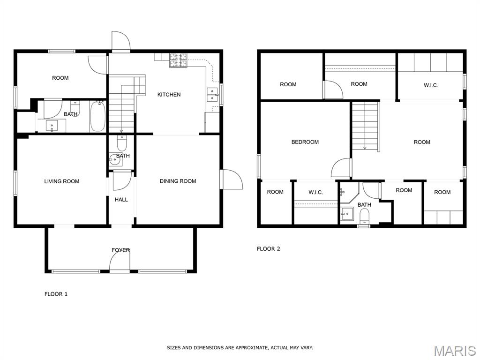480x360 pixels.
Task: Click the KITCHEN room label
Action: click(169, 95)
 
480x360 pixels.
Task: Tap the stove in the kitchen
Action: click(178, 60)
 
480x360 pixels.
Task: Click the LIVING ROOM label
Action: click(62, 181)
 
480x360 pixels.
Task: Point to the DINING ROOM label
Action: click(178, 181)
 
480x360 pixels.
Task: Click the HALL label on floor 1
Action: click(121, 200)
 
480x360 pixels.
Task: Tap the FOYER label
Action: click(120, 250)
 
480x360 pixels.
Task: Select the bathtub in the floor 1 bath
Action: click(98, 117)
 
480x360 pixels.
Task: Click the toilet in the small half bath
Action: click(122, 143)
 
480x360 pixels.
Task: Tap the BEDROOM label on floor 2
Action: click(305, 142)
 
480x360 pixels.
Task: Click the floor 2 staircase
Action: click(365, 126)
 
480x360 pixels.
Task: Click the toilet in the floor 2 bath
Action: click(364, 217)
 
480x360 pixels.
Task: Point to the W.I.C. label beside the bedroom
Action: click(315, 193)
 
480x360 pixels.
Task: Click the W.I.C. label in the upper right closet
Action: click(431, 85)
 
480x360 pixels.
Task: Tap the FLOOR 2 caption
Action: click(268, 249)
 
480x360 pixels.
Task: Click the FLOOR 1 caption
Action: click(56, 294)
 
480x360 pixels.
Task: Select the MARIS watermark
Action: click(454, 350)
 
